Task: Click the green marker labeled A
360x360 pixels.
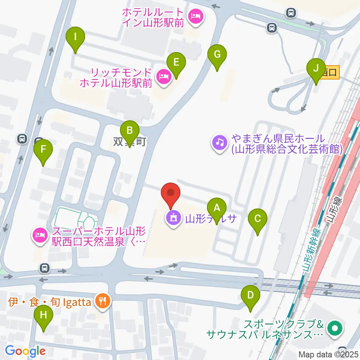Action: click(216, 207)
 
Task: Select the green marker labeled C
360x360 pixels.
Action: click(258, 219)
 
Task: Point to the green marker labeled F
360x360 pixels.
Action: click(43, 150)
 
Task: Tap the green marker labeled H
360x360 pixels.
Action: click(43, 315)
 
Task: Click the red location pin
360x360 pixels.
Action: click(171, 194)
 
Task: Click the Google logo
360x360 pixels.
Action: click(25, 351)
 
